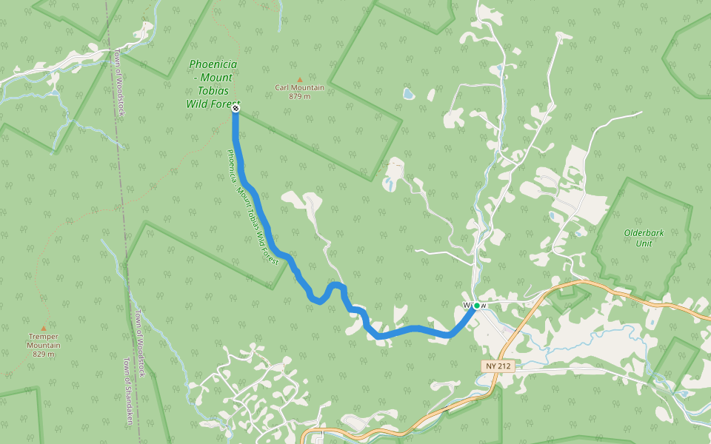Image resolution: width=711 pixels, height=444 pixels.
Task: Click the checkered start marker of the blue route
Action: pyautogui.click(x=236, y=109)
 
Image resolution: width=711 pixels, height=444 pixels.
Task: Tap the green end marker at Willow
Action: pyautogui.click(x=476, y=306)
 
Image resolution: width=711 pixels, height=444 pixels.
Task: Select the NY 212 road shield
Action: pyautogui.click(x=500, y=366)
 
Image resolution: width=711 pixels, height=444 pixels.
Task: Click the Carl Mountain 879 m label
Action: pyautogui.click(x=299, y=92)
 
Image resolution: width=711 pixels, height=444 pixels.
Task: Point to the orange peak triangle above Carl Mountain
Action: pyautogui.click(x=299, y=79)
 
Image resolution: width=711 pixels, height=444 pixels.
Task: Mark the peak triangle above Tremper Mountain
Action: pyautogui.click(x=44, y=329)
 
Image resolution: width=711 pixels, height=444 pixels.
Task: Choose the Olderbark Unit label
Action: pyautogui.click(x=644, y=238)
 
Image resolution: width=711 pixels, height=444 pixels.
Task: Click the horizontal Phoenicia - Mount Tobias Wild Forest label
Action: pyautogui.click(x=213, y=84)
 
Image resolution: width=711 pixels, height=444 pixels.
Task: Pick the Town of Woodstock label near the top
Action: pyautogui.click(x=119, y=83)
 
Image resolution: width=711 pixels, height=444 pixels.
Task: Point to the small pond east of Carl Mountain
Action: pyautogui.click(x=408, y=94)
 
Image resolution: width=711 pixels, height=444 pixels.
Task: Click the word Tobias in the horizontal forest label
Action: pyautogui.click(x=213, y=90)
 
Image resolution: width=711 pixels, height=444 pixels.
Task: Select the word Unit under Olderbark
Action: pyautogui.click(x=644, y=243)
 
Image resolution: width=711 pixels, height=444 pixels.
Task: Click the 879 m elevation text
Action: pyautogui.click(x=299, y=96)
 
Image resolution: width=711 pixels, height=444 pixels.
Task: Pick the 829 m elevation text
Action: pyautogui.click(x=44, y=354)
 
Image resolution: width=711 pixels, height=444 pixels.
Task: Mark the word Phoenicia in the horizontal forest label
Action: pyautogui.click(x=213, y=64)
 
